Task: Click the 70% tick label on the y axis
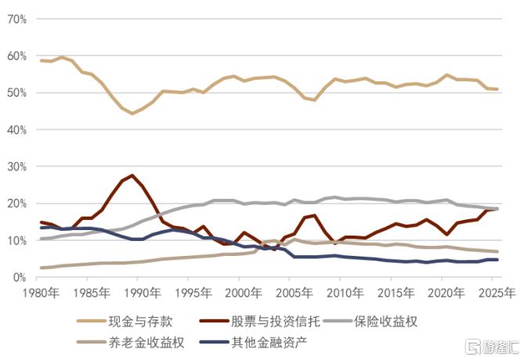[16, 20]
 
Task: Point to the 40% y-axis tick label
[16, 130]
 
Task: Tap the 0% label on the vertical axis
[20, 277]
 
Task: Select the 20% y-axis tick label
[16, 203]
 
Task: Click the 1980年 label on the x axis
[41, 293]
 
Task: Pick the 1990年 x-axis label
[143, 293]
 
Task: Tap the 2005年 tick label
[295, 293]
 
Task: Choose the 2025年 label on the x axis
[497, 293]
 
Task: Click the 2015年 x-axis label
[396, 293]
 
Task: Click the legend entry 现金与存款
[140, 322]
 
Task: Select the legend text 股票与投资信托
[276, 322]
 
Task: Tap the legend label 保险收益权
[385, 322]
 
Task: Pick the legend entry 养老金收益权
[146, 342]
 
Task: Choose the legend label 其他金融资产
[269, 342]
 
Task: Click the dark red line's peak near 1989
[132, 175]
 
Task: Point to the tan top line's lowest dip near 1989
[132, 113]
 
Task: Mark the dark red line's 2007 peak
[314, 215]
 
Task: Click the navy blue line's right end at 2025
[497, 260]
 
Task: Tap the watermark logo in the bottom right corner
[492, 347]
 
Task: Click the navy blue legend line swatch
[214, 342]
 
